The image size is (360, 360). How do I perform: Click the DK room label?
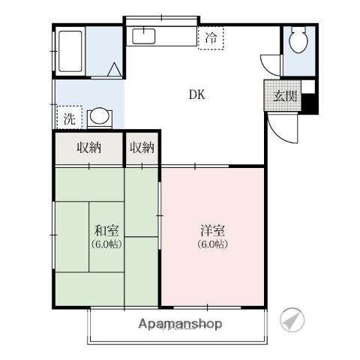click(196, 94)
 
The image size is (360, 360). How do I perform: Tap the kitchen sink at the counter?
click(143, 35)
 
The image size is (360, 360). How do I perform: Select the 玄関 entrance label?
click(284, 95)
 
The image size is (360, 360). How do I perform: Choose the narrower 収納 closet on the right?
click(142, 148)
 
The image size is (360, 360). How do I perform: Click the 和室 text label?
click(106, 231)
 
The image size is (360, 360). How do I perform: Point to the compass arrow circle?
click(293, 320)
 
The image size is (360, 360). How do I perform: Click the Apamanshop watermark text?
click(180, 324)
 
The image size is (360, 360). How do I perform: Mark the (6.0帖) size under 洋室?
click(213, 244)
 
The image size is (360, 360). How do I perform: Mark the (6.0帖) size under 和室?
click(106, 244)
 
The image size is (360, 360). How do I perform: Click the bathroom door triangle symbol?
click(114, 70)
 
